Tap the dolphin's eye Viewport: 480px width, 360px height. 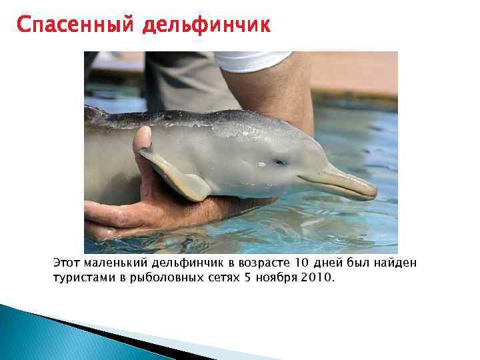point(281,161)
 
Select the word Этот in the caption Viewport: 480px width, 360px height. point(67,263)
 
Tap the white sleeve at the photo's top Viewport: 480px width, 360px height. point(253,61)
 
